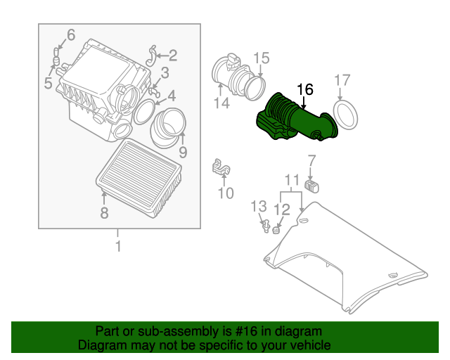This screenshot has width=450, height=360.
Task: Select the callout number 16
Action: coord(304,89)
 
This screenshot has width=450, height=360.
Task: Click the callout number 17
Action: coord(341,80)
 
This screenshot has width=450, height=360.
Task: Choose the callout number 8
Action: coord(104,213)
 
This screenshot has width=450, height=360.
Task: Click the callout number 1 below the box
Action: coord(118,246)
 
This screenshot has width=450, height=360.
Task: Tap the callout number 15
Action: coord(261,58)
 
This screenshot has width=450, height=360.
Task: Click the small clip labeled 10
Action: coord(222,169)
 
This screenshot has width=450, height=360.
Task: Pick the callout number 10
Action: coord(225,193)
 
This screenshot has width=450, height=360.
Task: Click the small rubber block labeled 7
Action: coord(312,186)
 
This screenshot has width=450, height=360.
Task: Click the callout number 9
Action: coord(182,151)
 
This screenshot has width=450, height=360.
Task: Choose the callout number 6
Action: coord(70,34)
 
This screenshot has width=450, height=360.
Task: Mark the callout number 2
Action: coord(172,55)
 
